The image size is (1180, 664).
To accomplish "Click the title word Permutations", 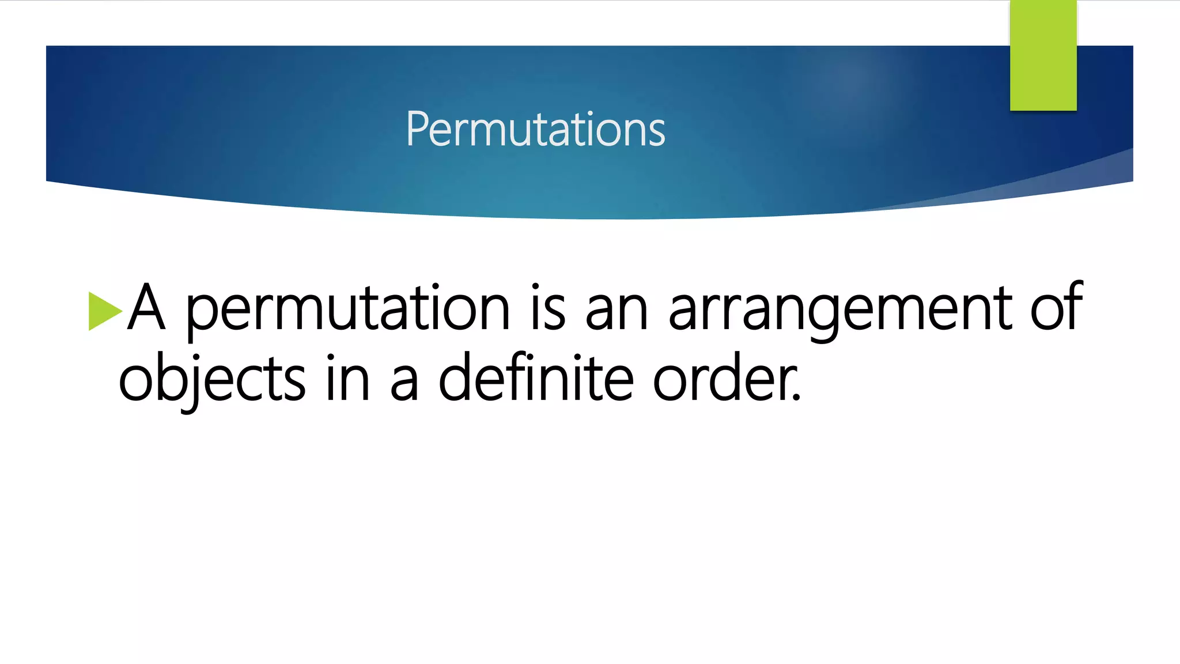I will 535,129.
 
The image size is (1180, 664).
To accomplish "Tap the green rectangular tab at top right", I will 1043,55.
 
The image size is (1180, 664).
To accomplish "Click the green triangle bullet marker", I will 104,311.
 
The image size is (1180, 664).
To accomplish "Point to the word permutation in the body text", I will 347,308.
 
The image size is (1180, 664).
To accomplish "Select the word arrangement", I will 840,308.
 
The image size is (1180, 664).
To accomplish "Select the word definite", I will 536,378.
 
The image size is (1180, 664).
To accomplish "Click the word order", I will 723,378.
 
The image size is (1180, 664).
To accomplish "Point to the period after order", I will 796,398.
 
